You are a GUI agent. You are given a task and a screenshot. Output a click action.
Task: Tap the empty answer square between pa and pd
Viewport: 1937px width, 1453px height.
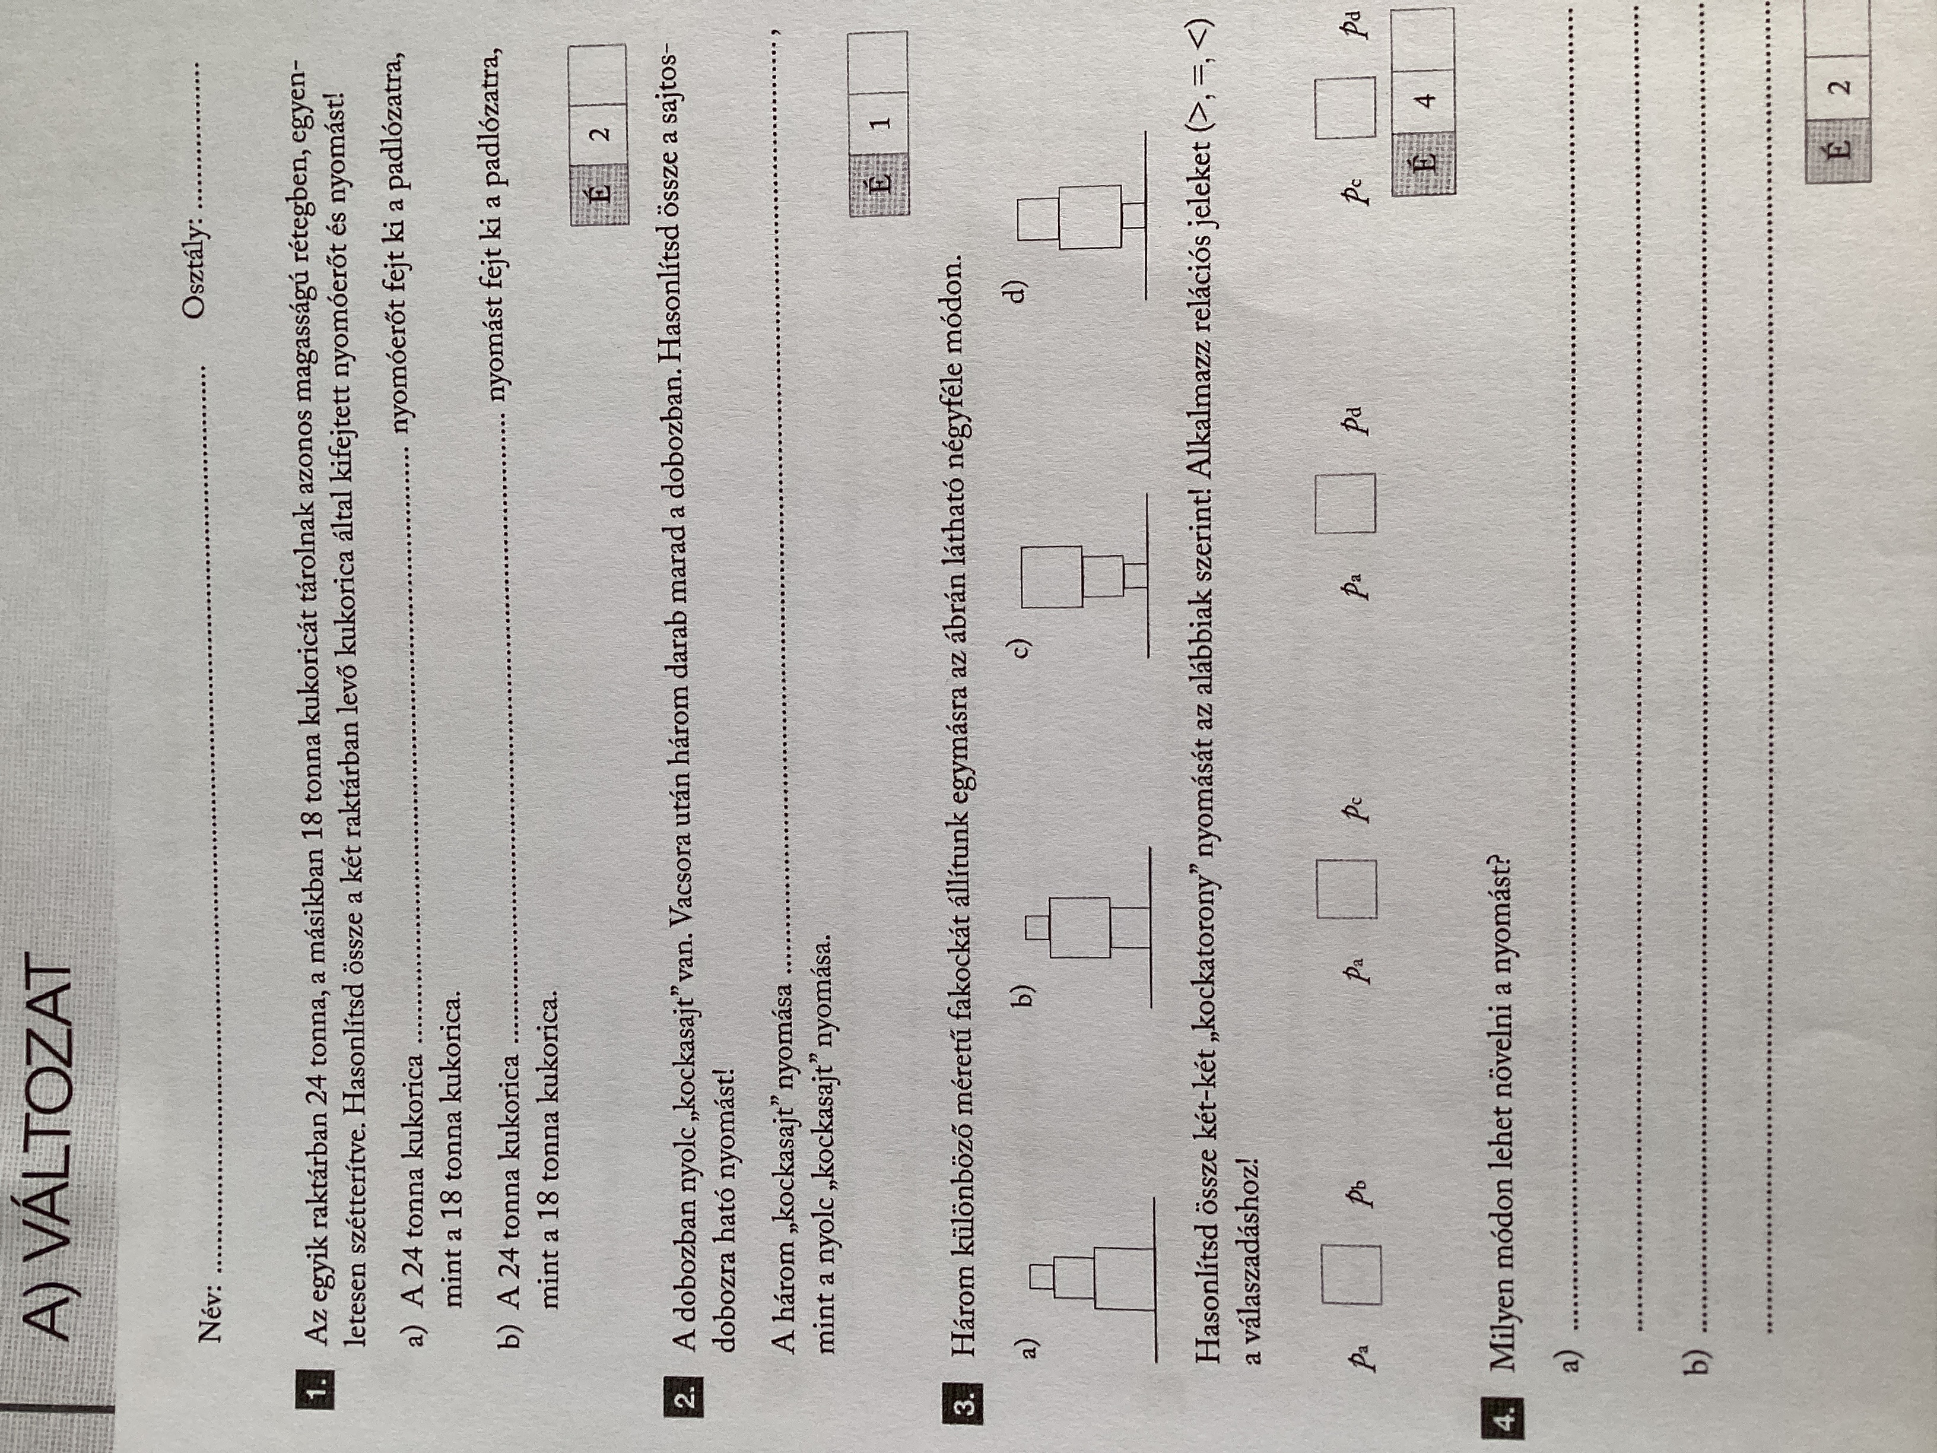1345,503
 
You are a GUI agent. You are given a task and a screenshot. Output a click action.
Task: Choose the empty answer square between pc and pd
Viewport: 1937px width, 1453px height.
1345,107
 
